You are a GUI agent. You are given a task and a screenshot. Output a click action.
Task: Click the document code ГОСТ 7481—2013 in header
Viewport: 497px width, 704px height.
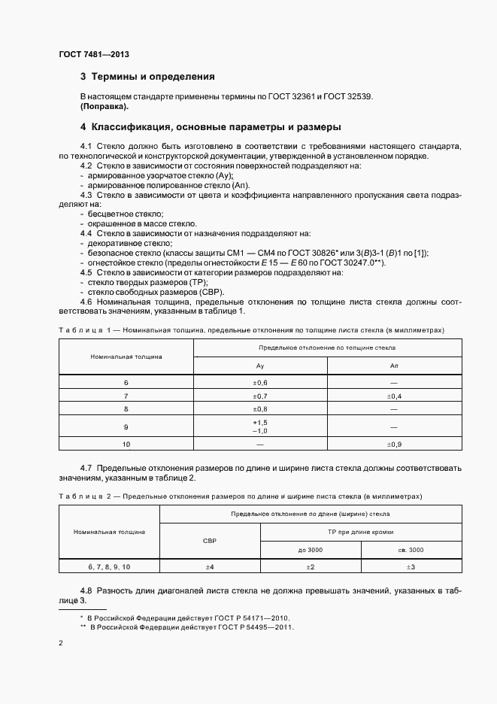94,55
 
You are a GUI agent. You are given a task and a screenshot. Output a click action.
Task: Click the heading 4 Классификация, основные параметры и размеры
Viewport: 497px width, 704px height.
211,126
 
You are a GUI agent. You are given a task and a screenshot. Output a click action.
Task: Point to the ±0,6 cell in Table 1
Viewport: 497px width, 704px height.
260,383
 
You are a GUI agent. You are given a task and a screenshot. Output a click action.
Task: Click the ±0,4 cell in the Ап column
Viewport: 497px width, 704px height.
394,396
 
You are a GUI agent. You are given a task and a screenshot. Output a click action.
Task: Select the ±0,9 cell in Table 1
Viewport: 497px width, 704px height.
394,445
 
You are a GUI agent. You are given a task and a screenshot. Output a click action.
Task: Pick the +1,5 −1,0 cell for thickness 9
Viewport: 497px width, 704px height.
260,426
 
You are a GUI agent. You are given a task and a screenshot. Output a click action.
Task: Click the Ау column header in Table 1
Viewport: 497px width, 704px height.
260,365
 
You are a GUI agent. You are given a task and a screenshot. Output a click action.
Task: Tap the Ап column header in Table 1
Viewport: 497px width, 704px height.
394,365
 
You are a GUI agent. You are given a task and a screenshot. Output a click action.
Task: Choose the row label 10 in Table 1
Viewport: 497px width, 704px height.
126,445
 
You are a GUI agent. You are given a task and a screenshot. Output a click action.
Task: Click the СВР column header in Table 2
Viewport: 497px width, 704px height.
210,541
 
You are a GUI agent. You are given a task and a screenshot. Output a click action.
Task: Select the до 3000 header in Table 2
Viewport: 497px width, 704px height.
311,550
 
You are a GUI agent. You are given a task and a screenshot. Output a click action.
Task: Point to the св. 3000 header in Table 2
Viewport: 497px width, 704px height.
411,550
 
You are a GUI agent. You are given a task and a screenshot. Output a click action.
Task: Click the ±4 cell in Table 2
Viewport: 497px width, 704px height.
210,566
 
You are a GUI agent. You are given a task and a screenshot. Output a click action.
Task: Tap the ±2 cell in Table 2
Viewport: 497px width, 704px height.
311,566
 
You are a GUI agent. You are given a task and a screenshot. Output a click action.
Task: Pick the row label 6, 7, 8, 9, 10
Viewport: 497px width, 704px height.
110,566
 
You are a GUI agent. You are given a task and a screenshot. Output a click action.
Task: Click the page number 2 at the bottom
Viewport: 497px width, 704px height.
61,644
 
